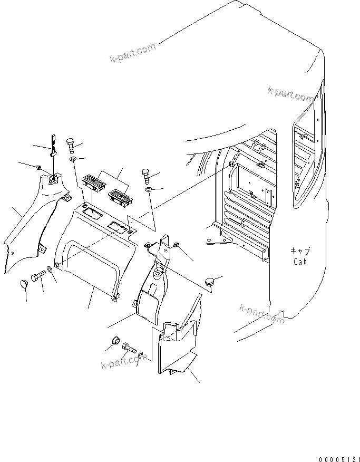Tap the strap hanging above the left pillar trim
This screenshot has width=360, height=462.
coord(53,146)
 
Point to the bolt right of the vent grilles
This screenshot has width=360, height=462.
coord(146,175)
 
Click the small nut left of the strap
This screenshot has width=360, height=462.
coord(39,168)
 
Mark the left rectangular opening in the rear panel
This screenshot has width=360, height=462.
coord(93,213)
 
